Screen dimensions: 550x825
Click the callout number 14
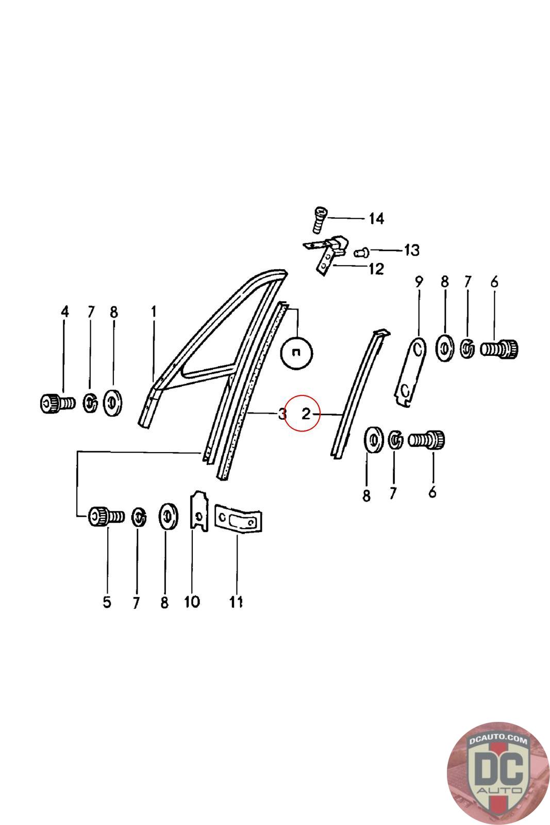click(x=376, y=219)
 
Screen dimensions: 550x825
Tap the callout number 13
click(x=411, y=251)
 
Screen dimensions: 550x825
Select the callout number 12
click(x=376, y=269)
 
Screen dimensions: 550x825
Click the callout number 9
click(x=419, y=282)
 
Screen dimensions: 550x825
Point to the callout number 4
click(x=65, y=311)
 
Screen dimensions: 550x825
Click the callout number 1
click(x=154, y=311)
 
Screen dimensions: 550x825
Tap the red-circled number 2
click(x=306, y=414)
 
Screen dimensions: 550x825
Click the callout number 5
click(x=107, y=602)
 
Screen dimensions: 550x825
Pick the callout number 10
click(x=192, y=602)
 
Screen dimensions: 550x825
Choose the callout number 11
click(x=236, y=602)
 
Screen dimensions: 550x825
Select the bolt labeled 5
click(x=106, y=516)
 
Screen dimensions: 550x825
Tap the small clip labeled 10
click(x=199, y=511)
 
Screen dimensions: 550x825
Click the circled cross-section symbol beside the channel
click(x=296, y=353)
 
